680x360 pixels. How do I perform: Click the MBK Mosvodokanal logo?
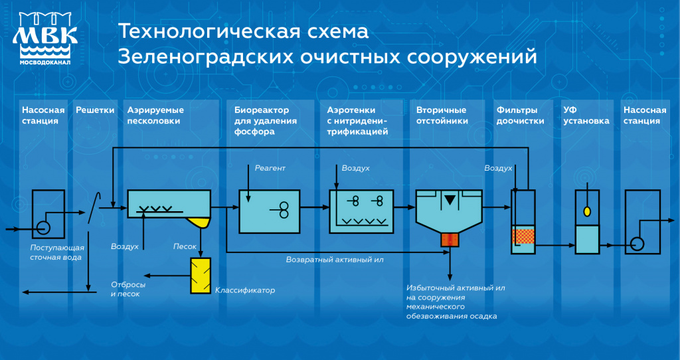point(45,38)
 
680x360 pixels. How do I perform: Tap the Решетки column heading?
point(95,110)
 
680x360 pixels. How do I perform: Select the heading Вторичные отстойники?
point(442,116)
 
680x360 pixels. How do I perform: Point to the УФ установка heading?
point(586,116)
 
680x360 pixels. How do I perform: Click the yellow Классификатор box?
point(201,276)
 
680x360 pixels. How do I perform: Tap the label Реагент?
point(270,168)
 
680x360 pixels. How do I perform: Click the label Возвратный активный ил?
point(335,260)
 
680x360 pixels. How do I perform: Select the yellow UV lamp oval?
point(587,211)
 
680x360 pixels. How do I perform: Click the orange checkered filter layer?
point(523,236)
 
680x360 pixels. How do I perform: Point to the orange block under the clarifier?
point(450,239)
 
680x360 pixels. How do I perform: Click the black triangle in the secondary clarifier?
point(450,200)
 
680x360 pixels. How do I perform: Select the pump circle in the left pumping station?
point(43,227)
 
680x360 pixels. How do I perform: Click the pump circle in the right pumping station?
point(637,244)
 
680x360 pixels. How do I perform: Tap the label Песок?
point(185,246)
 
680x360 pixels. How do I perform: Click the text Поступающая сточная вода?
point(57,252)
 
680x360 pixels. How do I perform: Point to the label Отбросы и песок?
point(128,290)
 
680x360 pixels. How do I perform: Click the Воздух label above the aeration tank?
point(356,168)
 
